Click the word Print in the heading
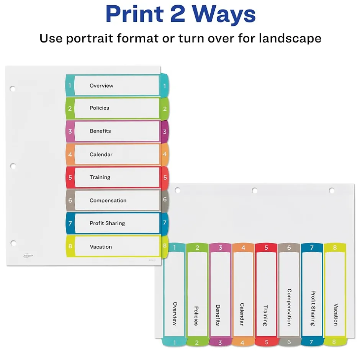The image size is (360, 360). (135, 14)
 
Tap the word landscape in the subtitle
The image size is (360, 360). (290, 38)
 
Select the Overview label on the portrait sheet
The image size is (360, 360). (101, 86)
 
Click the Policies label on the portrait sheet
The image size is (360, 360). (100, 108)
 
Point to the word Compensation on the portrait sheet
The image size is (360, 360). (108, 200)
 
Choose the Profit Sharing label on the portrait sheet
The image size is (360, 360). (107, 223)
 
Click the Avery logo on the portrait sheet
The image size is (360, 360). (28, 255)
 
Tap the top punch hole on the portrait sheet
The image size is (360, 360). (12, 88)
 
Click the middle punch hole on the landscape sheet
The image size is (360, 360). (254, 190)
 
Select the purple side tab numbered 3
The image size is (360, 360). (165, 132)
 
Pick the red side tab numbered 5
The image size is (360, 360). (165, 177)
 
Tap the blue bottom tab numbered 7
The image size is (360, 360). (312, 342)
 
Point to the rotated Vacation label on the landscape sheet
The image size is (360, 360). (335, 314)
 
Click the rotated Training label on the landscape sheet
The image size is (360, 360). (265, 315)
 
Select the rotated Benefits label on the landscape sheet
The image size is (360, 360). (218, 315)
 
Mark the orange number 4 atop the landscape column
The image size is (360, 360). (243, 247)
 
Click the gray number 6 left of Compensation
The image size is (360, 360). (70, 200)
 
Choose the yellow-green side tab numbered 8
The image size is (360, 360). (165, 246)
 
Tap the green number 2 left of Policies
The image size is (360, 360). (70, 108)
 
